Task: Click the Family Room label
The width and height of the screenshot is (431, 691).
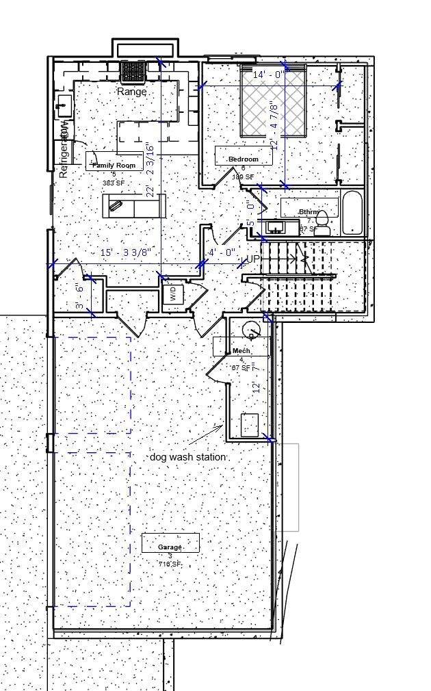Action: (x=114, y=164)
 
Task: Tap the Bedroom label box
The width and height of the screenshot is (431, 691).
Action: (x=244, y=159)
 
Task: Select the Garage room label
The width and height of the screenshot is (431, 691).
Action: (x=170, y=547)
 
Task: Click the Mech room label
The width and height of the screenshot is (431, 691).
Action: (x=241, y=350)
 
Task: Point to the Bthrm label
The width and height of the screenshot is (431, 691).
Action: (x=309, y=211)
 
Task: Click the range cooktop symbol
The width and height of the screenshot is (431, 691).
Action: (x=130, y=71)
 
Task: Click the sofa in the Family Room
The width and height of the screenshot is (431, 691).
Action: (x=133, y=205)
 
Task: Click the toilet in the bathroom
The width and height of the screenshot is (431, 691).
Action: (x=322, y=224)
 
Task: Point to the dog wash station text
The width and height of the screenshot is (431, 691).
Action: (x=188, y=456)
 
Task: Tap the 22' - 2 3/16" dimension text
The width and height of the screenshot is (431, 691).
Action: (x=150, y=170)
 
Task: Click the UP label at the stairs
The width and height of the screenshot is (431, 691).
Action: (x=252, y=259)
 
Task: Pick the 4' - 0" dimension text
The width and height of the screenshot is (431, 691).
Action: (x=222, y=252)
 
